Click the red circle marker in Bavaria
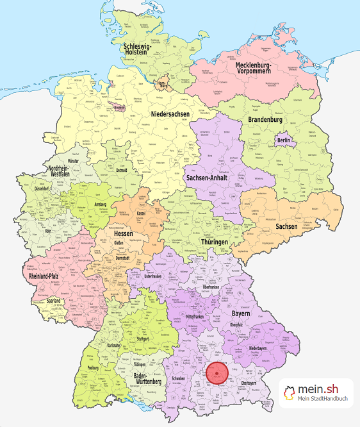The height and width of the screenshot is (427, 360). (219, 373)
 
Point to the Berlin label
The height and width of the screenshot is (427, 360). (284, 140)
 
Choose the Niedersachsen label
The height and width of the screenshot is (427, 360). (171, 114)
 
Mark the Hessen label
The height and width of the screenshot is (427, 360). (124, 235)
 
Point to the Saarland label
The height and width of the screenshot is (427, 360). (54, 301)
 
